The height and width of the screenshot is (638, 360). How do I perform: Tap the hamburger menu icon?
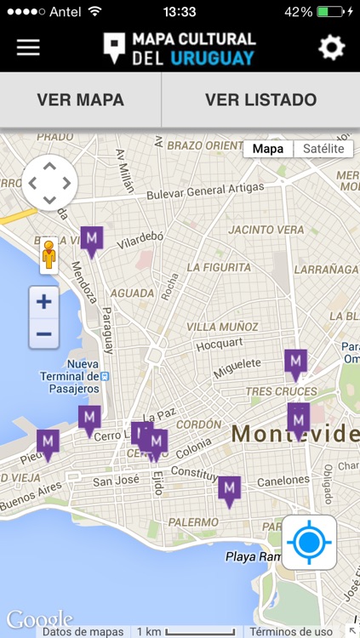tap(28, 48)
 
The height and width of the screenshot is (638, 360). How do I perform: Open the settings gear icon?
tap(331, 48)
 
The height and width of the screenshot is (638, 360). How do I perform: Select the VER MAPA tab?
tap(81, 100)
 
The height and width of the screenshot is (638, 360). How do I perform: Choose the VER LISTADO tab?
tap(260, 100)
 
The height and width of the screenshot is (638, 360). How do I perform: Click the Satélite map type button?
tap(323, 149)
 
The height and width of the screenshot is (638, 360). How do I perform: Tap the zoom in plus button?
tap(44, 302)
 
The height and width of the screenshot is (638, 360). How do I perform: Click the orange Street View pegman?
tap(49, 253)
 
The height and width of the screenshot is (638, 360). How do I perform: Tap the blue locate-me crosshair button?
tap(309, 541)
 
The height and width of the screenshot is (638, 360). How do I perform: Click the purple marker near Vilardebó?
tap(92, 239)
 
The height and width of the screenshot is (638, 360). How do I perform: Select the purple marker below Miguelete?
tap(295, 363)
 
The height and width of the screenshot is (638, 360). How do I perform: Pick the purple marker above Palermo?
tap(229, 489)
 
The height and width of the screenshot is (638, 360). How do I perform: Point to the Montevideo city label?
tap(294, 434)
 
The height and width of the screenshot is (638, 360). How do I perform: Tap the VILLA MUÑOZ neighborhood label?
tap(221, 327)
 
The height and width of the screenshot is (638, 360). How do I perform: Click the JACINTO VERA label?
tap(266, 230)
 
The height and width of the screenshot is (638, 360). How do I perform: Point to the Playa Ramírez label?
tap(253, 557)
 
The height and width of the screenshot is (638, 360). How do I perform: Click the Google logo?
tap(39, 618)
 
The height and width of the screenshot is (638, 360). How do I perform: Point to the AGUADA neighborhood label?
tap(132, 293)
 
